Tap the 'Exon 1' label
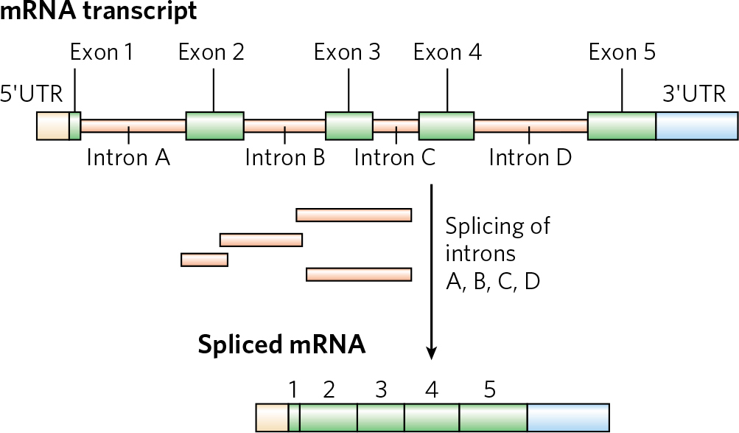point(102,52)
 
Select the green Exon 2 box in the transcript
point(214,126)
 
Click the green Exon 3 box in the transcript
point(349,126)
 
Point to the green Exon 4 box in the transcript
point(446,126)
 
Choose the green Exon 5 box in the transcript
point(621,126)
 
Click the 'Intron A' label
point(128,157)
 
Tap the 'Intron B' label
point(285,157)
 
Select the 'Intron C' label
point(396,157)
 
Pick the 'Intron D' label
point(530,157)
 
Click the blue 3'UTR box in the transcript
point(696,126)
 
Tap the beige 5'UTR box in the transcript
point(52,126)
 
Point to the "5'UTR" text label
point(31,94)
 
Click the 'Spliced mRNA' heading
point(281,345)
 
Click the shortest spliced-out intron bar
point(204,259)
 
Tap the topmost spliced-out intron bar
point(354,215)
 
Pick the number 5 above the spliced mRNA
point(489,389)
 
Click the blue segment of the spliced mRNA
point(568,418)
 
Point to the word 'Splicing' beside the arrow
point(497,226)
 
